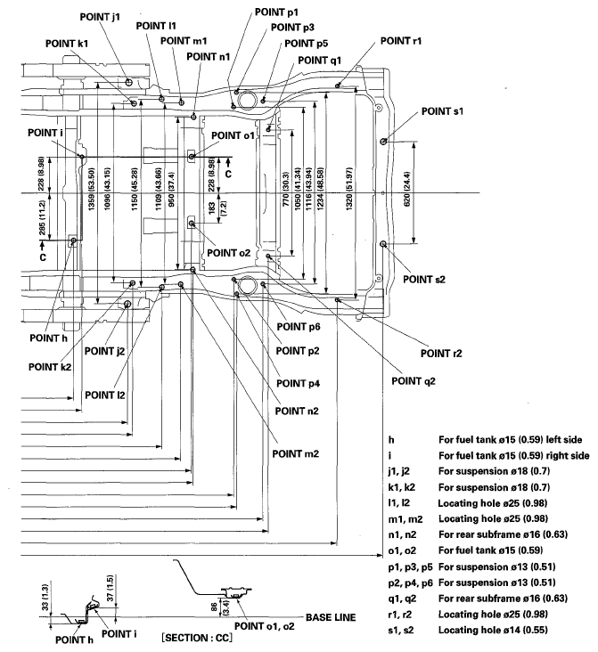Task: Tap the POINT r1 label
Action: click(400, 41)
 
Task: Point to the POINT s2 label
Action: click(423, 279)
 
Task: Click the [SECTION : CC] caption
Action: click(197, 640)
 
